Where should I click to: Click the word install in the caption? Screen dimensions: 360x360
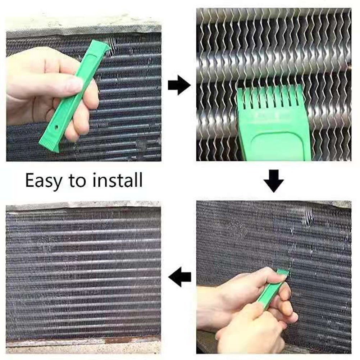pos(118,180)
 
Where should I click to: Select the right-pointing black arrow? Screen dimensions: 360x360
pos(179,85)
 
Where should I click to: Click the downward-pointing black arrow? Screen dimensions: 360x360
pos(274,181)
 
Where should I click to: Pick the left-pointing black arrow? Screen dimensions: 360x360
pos(179,277)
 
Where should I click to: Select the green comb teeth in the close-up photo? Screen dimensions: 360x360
pos(270,96)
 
